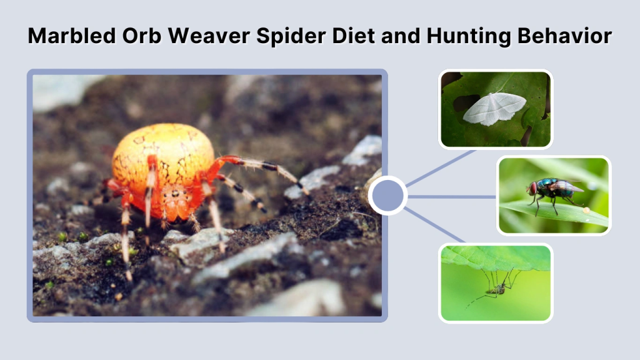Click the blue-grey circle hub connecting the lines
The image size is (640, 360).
[387, 196]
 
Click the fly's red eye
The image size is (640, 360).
[533, 187]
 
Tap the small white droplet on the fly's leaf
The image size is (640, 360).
[586, 211]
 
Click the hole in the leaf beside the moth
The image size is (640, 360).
[465, 102]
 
